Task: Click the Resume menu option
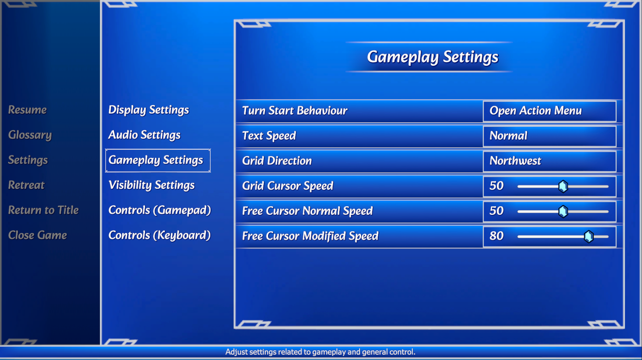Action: click(28, 110)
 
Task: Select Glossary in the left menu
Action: click(30, 135)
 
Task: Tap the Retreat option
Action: click(26, 185)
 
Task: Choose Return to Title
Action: click(43, 210)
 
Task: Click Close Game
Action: click(38, 235)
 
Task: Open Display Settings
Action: click(149, 110)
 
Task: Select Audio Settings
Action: click(144, 135)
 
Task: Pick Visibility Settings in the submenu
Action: click(152, 185)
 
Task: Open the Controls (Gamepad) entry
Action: click(160, 210)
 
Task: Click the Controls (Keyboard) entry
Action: click(160, 235)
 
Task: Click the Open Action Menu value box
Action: click(549, 111)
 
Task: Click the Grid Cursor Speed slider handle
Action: click(563, 186)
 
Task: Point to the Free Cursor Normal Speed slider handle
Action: click(563, 211)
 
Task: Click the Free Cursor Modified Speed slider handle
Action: click(589, 237)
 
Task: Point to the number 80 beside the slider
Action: click(497, 236)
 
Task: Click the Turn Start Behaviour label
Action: click(295, 111)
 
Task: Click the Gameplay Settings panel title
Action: click(432, 57)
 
